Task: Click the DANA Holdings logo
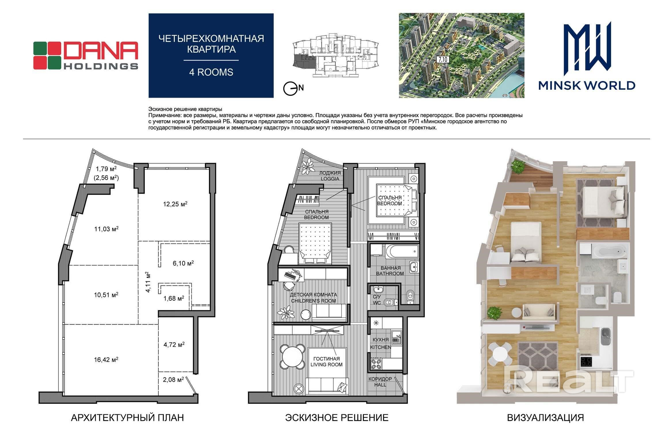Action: [85, 55]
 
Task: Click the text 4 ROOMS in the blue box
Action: [211, 72]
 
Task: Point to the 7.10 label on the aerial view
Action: [443, 60]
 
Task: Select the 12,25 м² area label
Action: [175, 204]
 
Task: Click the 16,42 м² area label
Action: [106, 359]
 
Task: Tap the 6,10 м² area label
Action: [183, 263]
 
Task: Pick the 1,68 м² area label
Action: [174, 298]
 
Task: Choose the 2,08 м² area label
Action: [173, 380]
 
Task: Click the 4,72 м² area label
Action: [174, 344]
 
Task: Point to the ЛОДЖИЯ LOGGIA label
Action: [330, 176]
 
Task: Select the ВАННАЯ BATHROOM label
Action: [390, 271]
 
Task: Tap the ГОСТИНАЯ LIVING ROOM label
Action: [326, 362]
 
